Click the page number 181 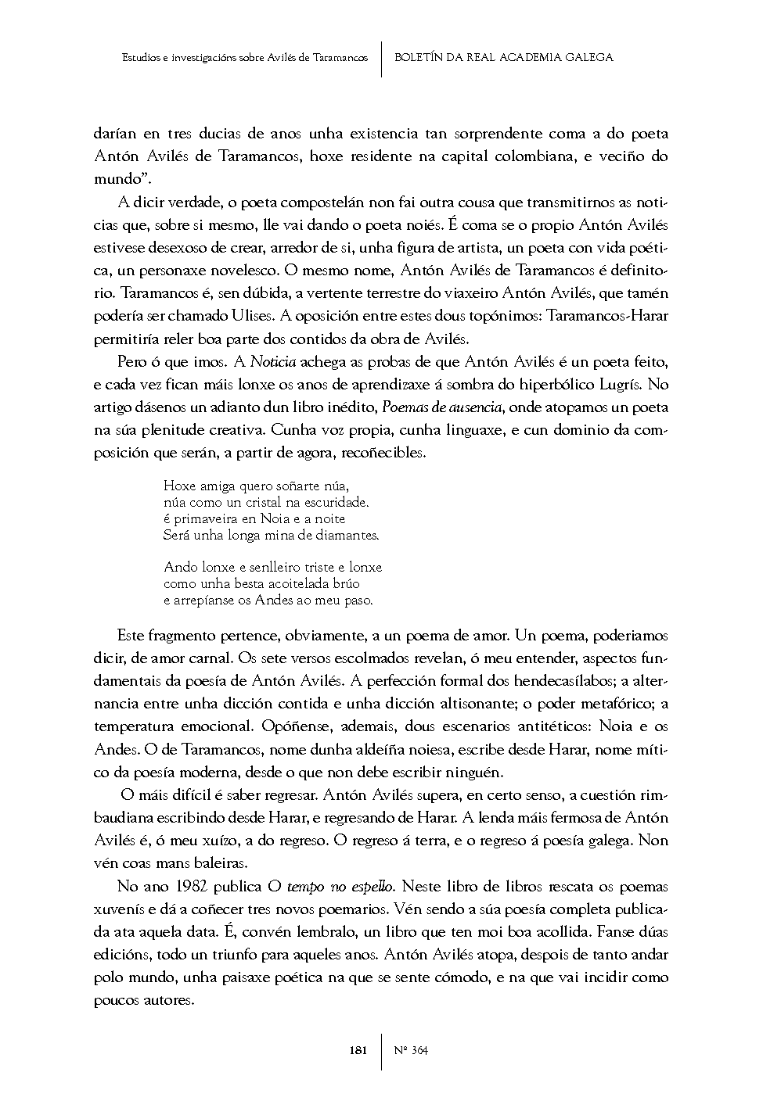358,1050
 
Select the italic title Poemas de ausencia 444,407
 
